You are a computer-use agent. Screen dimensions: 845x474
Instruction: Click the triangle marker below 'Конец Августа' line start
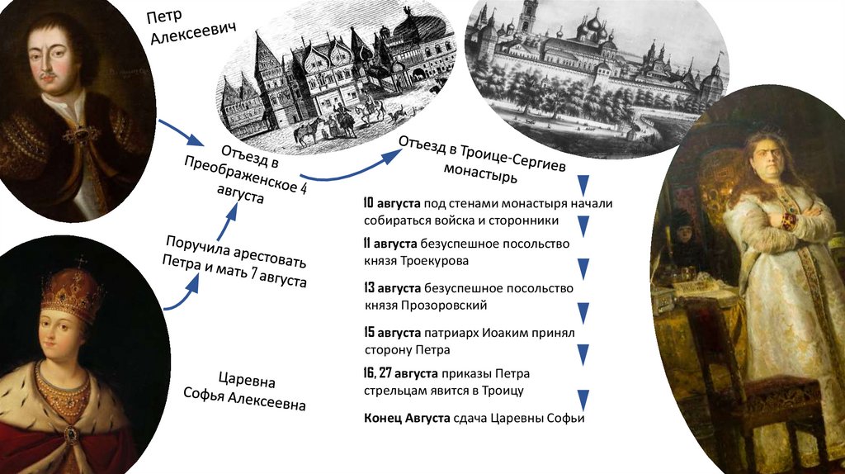(584, 401)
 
